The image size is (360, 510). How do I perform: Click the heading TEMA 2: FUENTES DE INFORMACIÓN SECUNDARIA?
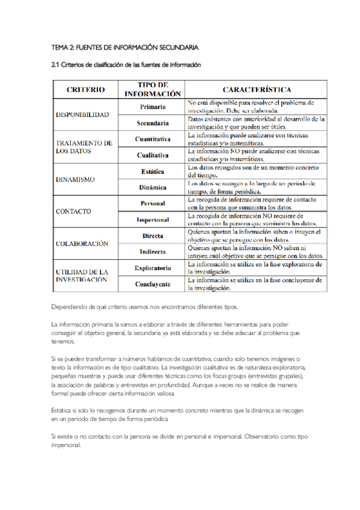125,47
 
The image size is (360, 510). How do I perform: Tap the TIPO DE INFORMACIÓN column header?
153,90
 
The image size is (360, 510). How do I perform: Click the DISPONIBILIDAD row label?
82,114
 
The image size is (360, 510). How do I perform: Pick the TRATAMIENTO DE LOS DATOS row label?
84,147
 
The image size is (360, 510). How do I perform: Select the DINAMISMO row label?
75,179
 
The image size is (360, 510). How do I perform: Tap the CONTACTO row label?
73,212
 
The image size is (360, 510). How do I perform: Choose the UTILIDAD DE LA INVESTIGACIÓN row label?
82,275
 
